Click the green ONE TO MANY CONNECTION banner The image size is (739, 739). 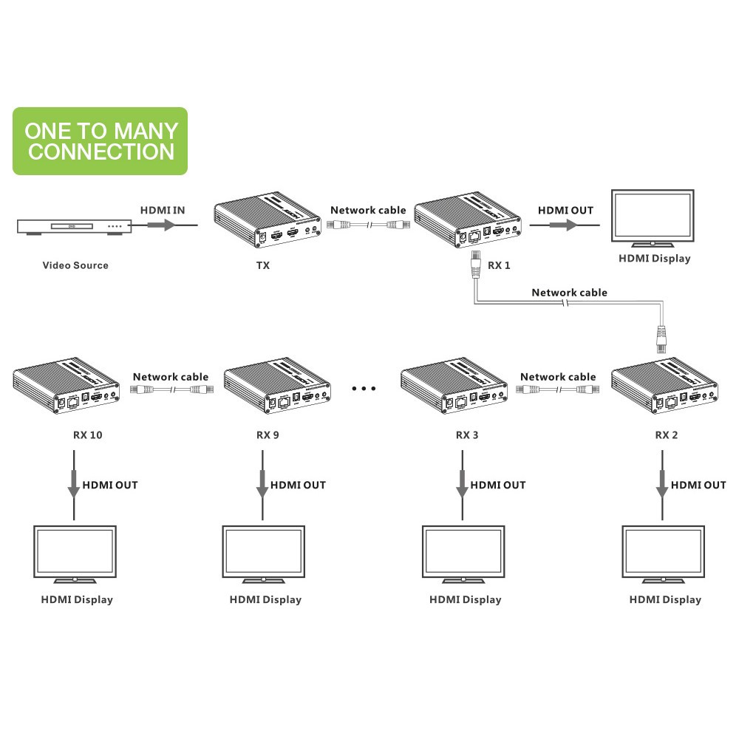click(x=100, y=141)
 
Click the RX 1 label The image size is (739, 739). click(x=500, y=265)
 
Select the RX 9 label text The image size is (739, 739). click(x=268, y=435)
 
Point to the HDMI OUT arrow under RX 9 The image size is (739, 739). click(x=262, y=488)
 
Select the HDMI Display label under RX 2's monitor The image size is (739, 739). click(x=665, y=599)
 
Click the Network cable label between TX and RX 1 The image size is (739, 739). click(x=368, y=211)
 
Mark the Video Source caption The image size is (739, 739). click(x=75, y=265)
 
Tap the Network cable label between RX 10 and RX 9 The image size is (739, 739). click(x=171, y=377)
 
